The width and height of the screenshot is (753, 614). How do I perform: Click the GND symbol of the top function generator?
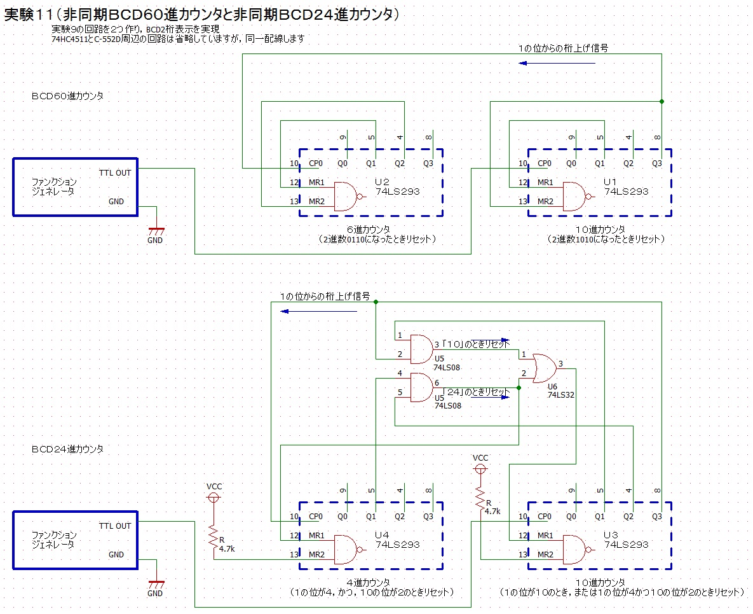point(155,232)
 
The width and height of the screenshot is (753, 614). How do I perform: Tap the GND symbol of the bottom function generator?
point(155,585)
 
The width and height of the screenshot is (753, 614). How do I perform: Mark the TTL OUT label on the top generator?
point(114,172)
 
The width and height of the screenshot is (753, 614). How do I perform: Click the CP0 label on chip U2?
point(315,164)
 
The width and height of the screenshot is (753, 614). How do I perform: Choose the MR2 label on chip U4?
point(316,554)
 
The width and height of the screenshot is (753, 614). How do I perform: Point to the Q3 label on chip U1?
point(657,164)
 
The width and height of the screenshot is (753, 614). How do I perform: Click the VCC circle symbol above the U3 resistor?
point(481,469)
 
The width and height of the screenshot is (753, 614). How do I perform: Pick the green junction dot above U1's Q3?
point(661,101)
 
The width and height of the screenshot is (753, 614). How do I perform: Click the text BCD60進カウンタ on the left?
point(67,96)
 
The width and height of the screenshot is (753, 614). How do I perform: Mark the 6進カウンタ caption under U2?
point(368,229)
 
